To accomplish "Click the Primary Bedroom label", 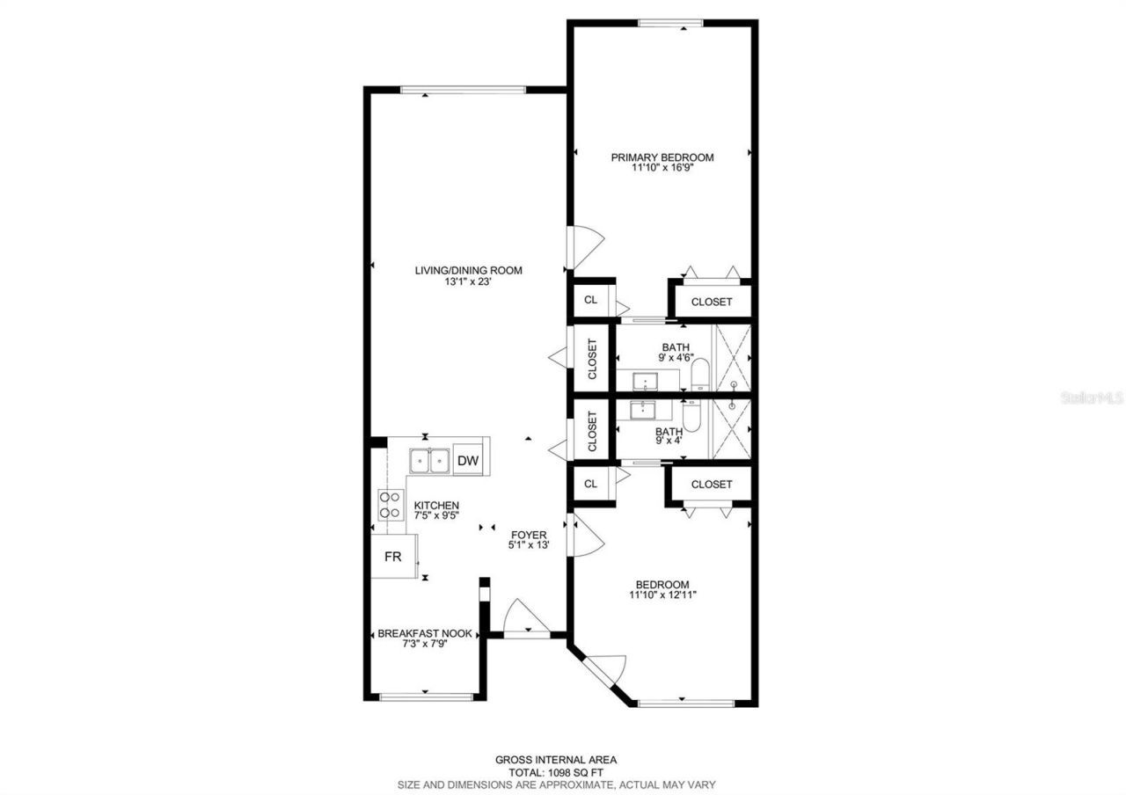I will [662, 157].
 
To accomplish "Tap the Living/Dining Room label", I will [468, 270].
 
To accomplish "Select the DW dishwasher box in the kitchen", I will [469, 461].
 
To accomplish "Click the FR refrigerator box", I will [392, 557].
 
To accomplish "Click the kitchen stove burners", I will [388, 505].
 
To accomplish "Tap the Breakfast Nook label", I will [425, 633].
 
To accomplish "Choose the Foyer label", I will [528, 535].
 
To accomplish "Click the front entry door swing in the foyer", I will [526, 616].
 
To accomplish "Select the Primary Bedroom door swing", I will [586, 247].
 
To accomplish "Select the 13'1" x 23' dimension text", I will [468, 282].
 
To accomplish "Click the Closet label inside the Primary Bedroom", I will [711, 302].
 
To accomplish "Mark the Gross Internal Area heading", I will [556, 759].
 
